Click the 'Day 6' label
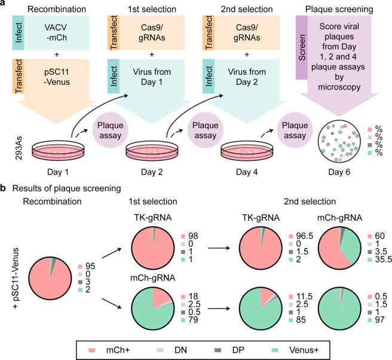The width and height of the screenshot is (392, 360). [x=339, y=171]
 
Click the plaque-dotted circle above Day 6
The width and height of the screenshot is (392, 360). [x=339, y=141]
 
